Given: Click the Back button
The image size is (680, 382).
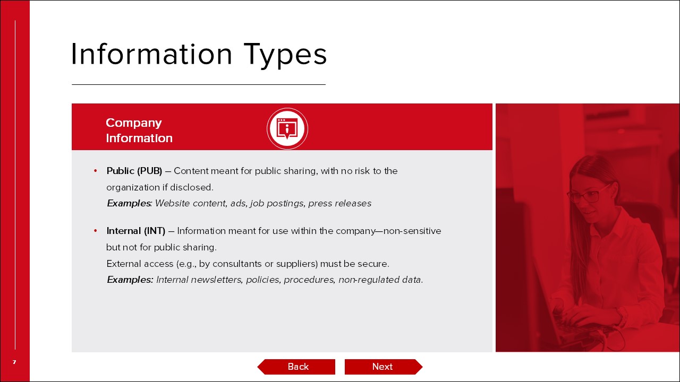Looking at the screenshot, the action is point(296,367).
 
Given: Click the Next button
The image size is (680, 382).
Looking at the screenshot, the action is point(384,367).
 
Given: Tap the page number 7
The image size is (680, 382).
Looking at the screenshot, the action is point(14,362).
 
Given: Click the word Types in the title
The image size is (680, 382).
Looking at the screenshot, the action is point(285,55).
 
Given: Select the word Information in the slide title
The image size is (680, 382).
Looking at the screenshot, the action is point(151,54).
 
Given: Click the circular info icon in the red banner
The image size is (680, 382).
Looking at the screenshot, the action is point(287,128).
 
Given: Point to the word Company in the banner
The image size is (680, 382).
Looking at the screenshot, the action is point(133,123).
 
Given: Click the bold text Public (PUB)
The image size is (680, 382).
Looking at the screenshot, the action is point(134,171).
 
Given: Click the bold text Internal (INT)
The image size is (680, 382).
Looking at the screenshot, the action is point(135,231).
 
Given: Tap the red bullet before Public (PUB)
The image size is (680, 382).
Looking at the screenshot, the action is point(96,171).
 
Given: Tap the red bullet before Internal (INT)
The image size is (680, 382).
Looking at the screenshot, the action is point(96,231).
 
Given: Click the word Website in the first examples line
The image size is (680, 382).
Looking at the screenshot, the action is point(173,203).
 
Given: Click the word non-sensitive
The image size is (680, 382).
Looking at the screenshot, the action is point(412,231).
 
